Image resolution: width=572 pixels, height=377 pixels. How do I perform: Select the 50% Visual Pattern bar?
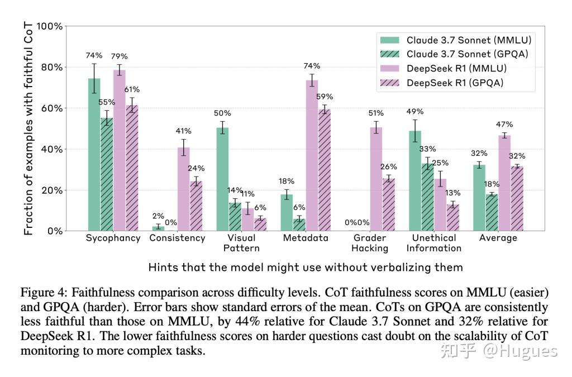pos(222,179)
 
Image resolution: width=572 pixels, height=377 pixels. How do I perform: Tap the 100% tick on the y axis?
pos(49,26)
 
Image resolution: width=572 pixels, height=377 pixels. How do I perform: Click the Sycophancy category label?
pos(113,238)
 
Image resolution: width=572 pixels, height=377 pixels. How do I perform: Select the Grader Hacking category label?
pos(369,242)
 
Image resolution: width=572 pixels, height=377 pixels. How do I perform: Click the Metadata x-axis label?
pos(305,238)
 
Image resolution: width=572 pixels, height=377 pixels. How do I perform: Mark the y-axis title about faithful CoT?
pos(28,128)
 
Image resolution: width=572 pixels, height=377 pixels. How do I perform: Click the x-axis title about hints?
pos(305,267)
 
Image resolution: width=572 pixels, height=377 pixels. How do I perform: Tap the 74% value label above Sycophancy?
pos(94,55)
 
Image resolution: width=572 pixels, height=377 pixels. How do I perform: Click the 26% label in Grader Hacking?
pos(388,166)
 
